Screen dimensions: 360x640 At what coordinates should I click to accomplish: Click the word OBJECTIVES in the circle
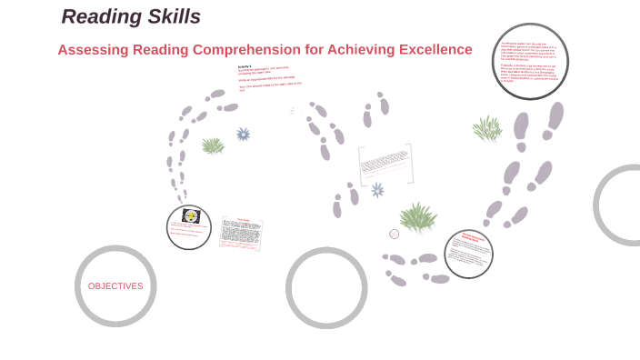coord(115,286)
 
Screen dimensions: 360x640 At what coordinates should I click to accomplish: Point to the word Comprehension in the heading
coord(217,49)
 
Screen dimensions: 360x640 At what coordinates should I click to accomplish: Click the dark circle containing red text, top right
coord(530,62)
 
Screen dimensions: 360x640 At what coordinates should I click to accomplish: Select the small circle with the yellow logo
coord(189,226)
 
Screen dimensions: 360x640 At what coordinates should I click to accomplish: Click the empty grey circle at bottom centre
coord(326,287)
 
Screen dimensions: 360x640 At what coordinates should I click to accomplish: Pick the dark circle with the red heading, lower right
coord(468,254)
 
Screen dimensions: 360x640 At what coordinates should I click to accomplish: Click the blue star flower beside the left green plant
coord(243,135)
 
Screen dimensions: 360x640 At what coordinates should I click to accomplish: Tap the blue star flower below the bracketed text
coord(377,190)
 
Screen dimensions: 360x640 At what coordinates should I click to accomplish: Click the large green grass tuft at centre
coord(418,216)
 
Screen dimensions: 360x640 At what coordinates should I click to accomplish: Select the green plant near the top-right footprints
coord(487,128)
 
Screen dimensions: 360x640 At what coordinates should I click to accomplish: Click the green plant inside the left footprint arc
coord(213,145)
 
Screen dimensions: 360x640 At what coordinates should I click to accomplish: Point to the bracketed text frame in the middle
coord(385,164)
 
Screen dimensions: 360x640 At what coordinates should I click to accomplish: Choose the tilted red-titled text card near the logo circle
coord(242,234)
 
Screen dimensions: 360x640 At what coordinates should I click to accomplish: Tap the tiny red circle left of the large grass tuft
coord(395,234)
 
